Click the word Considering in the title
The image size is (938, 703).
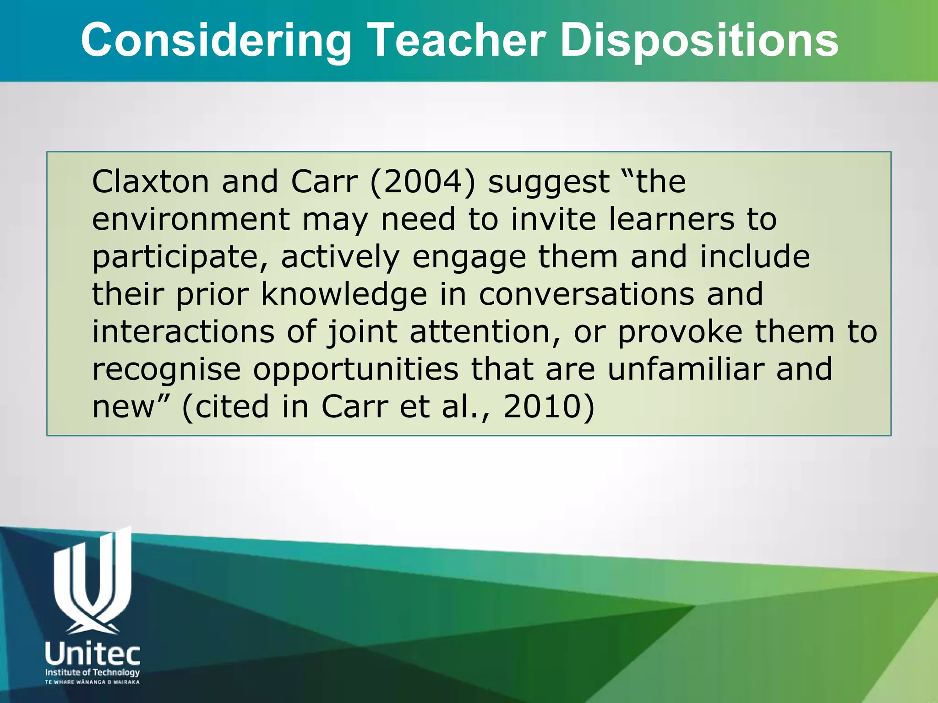coord(216,41)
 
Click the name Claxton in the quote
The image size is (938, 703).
coord(151,182)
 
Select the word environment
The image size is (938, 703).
coord(191,219)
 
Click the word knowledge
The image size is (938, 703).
coord(344,295)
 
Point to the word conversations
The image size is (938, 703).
coord(587,294)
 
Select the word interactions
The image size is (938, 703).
coord(183,332)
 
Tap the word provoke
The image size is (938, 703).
coord(680,333)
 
